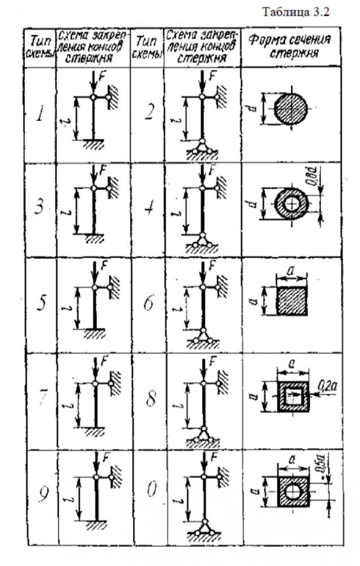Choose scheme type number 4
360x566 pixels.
pos(148,209)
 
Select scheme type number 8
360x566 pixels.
pos(148,399)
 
